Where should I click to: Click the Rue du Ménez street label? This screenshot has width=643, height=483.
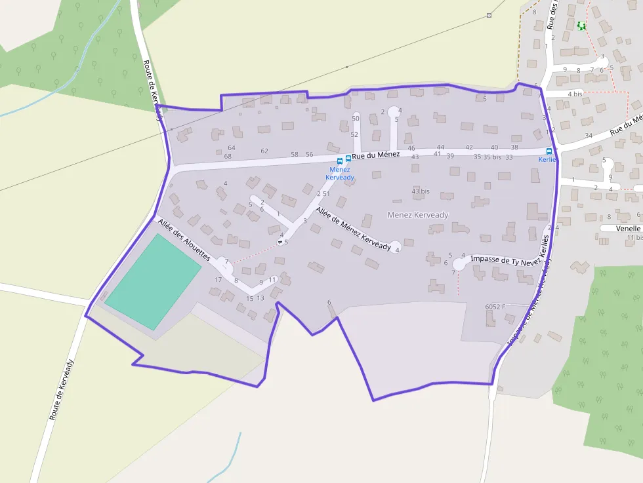tap(375, 155)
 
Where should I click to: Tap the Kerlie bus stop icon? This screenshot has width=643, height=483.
tap(549, 151)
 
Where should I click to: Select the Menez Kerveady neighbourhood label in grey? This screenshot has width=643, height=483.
tap(417, 214)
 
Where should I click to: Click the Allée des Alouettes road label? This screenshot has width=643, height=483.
tap(183, 239)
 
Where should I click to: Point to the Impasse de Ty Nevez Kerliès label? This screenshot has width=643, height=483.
tap(508, 260)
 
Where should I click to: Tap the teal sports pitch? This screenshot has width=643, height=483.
tap(153, 282)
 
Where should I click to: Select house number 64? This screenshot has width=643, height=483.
tap(231, 148)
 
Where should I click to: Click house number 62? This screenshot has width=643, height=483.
tap(264, 151)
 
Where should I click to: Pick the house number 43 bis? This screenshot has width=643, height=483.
tap(421, 191)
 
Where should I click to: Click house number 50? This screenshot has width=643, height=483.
tap(356, 118)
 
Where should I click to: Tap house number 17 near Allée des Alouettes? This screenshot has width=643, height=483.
tap(218, 280)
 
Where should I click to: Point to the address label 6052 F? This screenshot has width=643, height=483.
tap(496, 307)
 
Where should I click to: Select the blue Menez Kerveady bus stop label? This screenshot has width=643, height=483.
tap(340, 174)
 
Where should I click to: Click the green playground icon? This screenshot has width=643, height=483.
tap(581, 26)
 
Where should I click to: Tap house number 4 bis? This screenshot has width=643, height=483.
tap(575, 94)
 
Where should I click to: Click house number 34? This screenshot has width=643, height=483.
tap(589, 136)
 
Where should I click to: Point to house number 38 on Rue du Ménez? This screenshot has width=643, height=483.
tap(514, 147)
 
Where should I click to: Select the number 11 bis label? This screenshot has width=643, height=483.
tap(633, 237)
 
